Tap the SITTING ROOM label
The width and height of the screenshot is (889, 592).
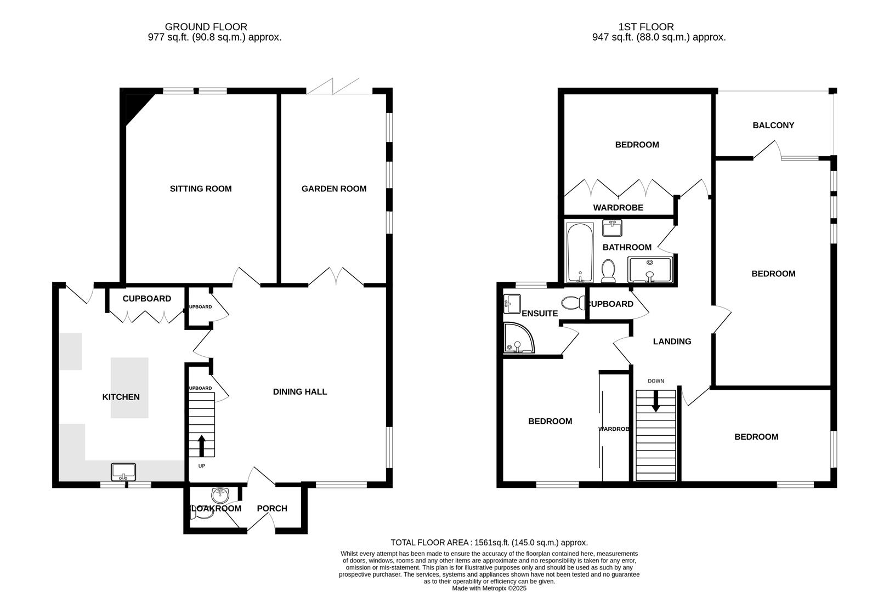point(201,189)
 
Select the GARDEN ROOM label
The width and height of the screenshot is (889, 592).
point(333,189)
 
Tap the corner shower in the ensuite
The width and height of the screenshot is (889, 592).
point(518,338)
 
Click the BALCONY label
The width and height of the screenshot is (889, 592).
point(773,125)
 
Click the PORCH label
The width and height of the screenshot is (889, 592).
point(272,509)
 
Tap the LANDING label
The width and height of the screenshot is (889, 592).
point(672,341)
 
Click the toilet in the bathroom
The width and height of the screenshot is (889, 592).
point(608,271)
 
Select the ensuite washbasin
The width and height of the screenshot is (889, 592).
point(512,303)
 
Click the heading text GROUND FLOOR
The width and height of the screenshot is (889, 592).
point(206,26)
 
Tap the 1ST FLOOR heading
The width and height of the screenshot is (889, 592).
point(645,26)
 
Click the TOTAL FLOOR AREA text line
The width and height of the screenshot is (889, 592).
point(489,543)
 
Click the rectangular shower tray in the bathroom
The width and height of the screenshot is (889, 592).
point(650,270)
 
